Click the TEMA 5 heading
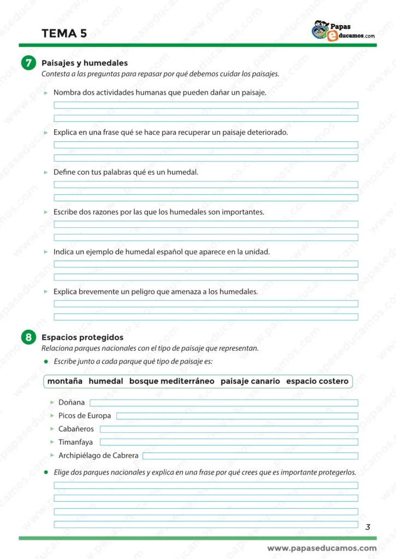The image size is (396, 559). click(64, 33)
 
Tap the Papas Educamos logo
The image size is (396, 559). click(343, 31)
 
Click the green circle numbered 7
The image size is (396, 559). click(28, 63)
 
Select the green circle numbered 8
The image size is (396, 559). click(28, 338)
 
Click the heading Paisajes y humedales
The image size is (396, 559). click(85, 63)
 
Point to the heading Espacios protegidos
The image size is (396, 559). click(82, 337)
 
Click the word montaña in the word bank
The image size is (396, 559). click(65, 381)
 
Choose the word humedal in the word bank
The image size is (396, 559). click(106, 381)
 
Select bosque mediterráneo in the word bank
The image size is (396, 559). click(172, 381)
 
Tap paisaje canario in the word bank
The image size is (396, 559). click(250, 381)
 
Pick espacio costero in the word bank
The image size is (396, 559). click(317, 381)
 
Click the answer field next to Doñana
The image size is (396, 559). click(223, 403)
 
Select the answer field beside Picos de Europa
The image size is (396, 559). click(237, 416)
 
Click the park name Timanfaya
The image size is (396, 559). click(75, 442)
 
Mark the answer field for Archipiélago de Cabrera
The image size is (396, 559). click(250, 455)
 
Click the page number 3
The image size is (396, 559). click(368, 527)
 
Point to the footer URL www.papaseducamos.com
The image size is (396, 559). click(322, 548)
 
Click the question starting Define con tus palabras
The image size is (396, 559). click(126, 172)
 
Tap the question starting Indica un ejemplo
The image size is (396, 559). click(162, 252)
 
